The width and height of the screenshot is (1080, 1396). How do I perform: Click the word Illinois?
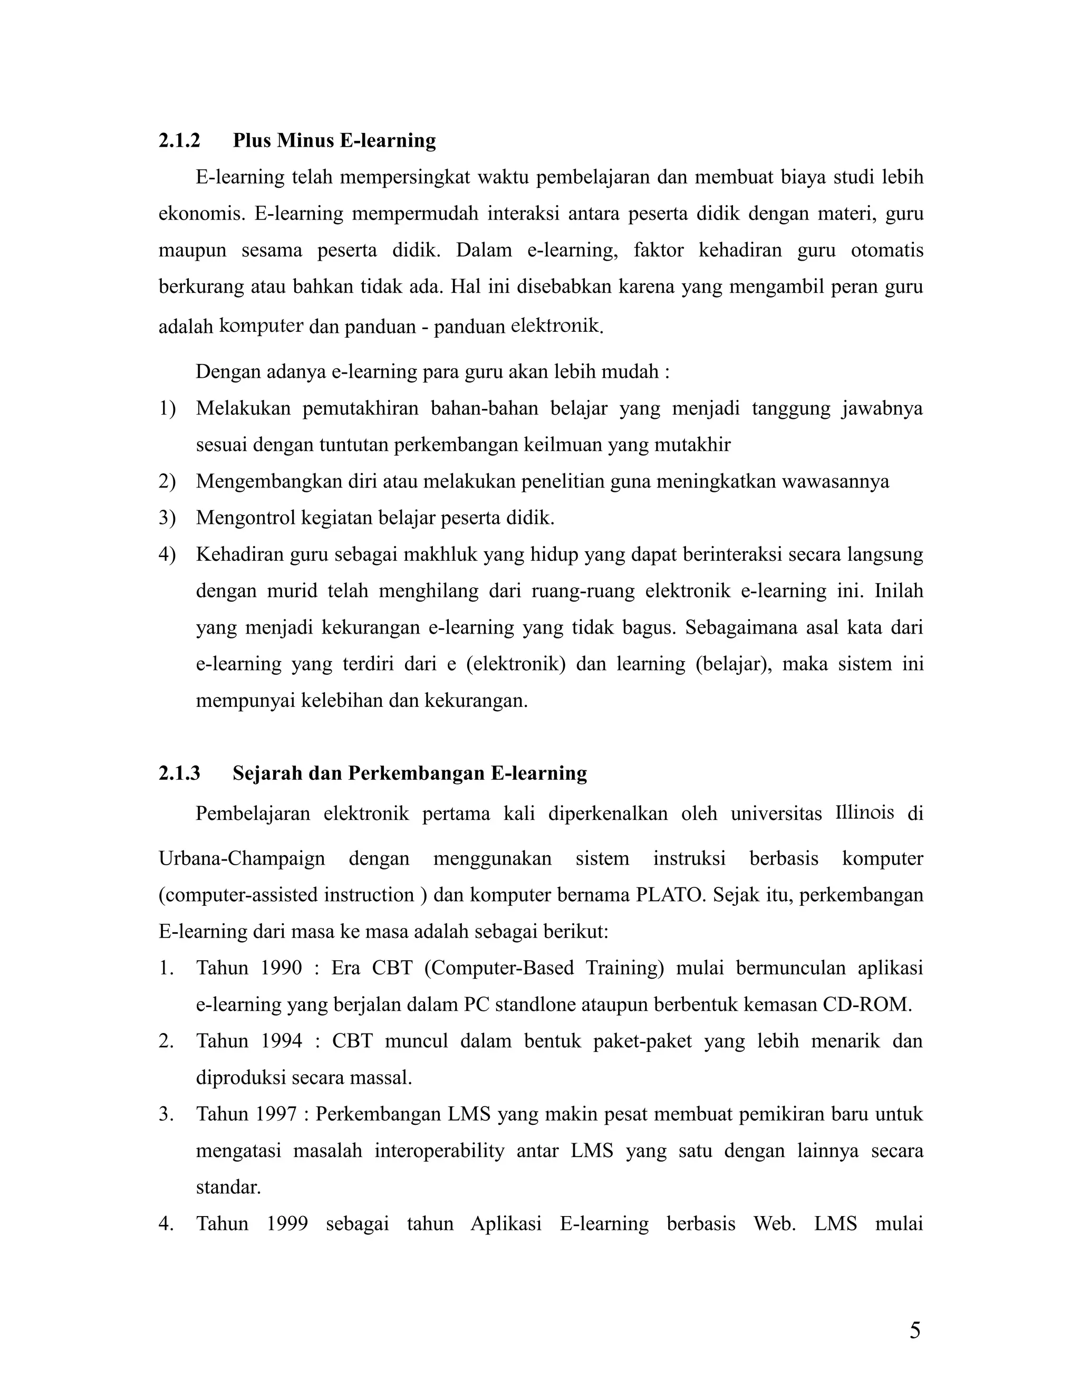click(x=864, y=812)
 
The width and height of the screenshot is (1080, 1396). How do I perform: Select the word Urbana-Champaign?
click(x=242, y=858)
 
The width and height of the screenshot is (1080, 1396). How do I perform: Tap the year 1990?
click(x=281, y=968)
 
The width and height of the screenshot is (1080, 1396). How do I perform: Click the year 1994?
click(x=281, y=1040)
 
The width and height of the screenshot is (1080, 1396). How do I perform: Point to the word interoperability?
click(x=439, y=1151)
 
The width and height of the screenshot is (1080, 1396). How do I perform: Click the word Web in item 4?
click(x=774, y=1223)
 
